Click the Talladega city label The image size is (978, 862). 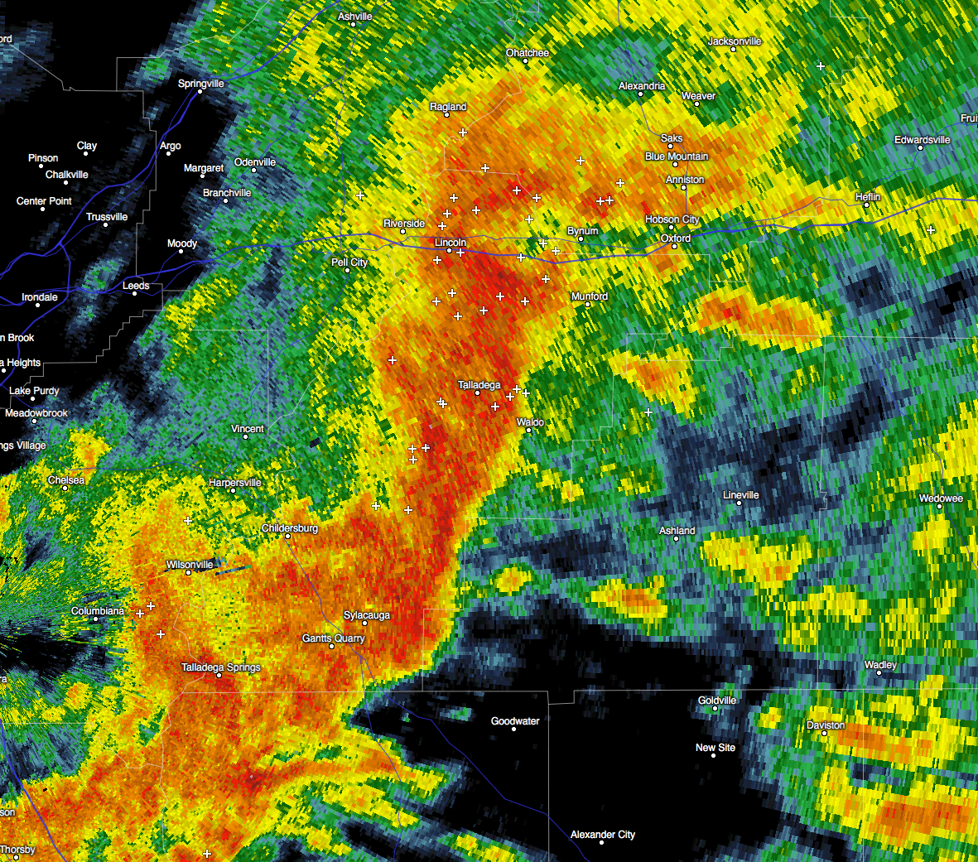[479, 385]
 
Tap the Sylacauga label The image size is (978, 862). [367, 615]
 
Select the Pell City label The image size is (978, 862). [349, 262]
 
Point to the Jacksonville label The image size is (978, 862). [735, 41]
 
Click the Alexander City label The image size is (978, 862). [603, 835]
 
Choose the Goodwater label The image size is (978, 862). [515, 721]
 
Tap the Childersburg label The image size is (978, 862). [290, 528]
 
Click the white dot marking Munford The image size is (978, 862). [587, 305]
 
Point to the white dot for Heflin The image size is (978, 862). [866, 205]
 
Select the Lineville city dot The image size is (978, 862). [739, 503]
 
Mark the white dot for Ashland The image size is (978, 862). [676, 538]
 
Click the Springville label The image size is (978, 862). [201, 84]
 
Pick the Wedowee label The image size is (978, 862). [941, 498]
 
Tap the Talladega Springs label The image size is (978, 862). [221, 667]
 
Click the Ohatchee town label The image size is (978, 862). [528, 53]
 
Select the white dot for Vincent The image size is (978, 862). [245, 436]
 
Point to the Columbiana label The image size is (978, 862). [98, 611]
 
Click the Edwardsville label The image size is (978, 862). [922, 140]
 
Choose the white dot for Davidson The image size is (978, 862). [824, 733]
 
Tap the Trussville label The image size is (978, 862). [107, 217]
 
